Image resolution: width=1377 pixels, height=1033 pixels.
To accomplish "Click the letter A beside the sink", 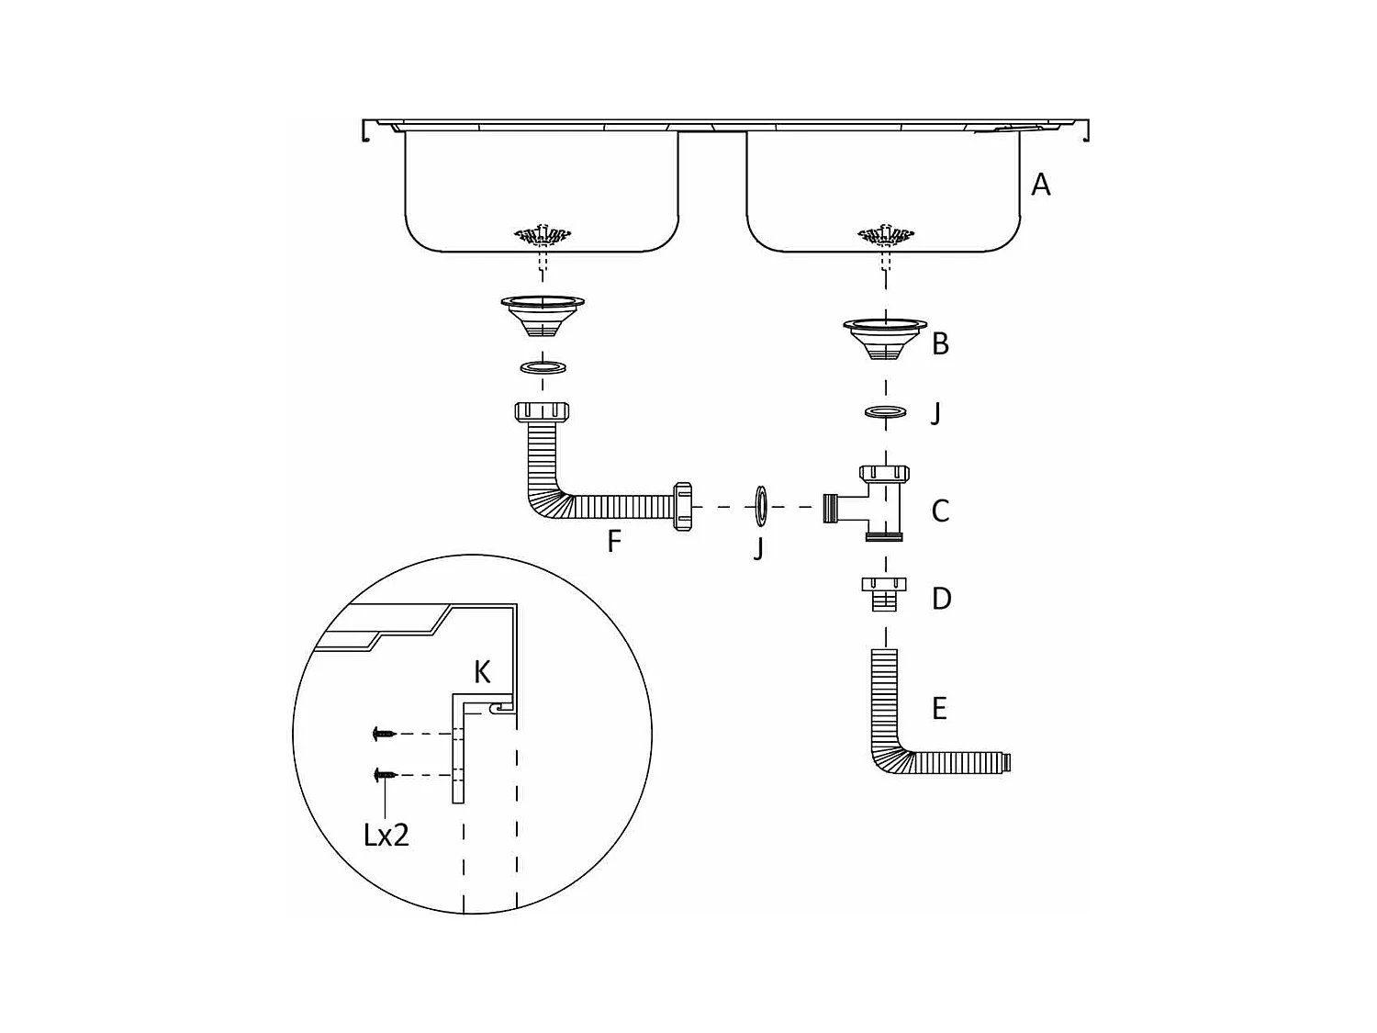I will click(x=1040, y=185).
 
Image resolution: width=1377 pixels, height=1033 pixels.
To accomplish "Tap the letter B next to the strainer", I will click(x=940, y=344).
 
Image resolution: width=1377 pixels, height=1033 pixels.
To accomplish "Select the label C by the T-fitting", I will click(x=940, y=511).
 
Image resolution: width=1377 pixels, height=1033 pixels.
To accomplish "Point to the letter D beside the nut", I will click(x=941, y=599).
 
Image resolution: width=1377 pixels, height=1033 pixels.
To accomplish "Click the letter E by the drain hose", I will click(x=939, y=708).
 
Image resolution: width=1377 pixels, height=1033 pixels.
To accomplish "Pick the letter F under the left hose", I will click(x=614, y=541).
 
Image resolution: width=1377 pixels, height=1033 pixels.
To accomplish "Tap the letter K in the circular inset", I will click(x=482, y=672).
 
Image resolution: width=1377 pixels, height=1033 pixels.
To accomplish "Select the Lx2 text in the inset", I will click(x=386, y=835).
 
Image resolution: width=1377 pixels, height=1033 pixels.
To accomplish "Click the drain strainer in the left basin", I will click(x=543, y=235).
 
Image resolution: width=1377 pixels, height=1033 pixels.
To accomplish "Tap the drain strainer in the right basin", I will click(x=885, y=235).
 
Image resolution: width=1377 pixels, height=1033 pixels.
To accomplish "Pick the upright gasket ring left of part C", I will click(x=761, y=506).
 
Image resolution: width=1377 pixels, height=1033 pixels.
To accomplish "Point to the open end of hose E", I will click(x=1009, y=761).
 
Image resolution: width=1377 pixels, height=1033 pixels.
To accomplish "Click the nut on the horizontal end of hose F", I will click(x=682, y=506).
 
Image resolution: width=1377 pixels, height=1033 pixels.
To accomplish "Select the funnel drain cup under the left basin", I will click(x=543, y=315).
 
